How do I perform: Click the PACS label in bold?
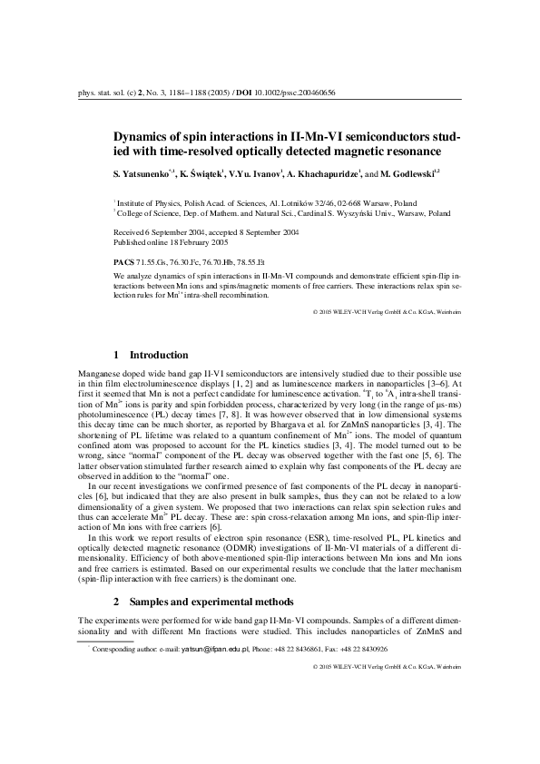click(123, 260)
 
